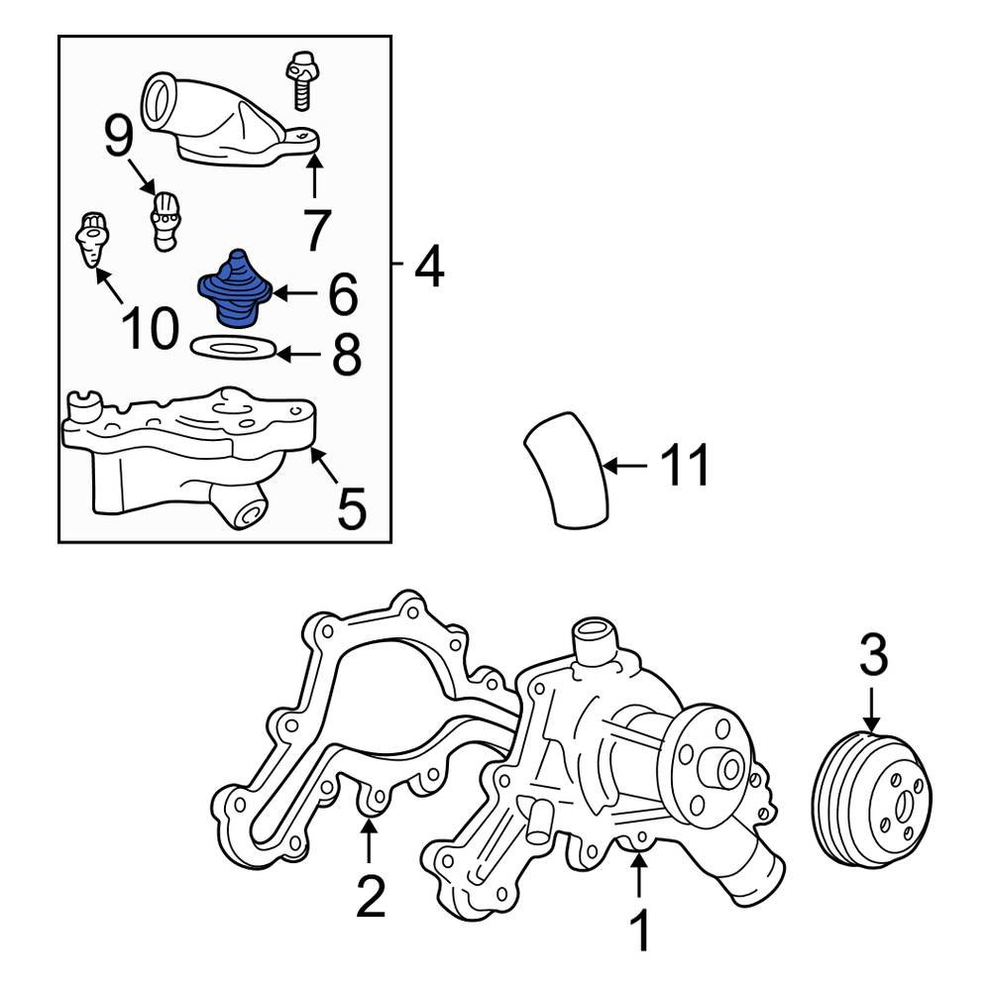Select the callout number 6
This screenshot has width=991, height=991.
point(340,293)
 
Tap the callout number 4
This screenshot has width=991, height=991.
point(428,265)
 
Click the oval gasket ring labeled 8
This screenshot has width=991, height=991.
point(230,348)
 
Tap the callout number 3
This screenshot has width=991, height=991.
point(872,655)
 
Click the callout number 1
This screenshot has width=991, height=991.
point(640,933)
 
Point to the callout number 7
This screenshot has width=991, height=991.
point(315,230)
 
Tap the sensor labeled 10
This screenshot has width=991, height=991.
point(92,239)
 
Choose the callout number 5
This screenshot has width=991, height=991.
point(351,508)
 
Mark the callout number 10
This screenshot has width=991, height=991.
point(151,328)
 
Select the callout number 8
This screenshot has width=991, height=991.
point(345,355)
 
